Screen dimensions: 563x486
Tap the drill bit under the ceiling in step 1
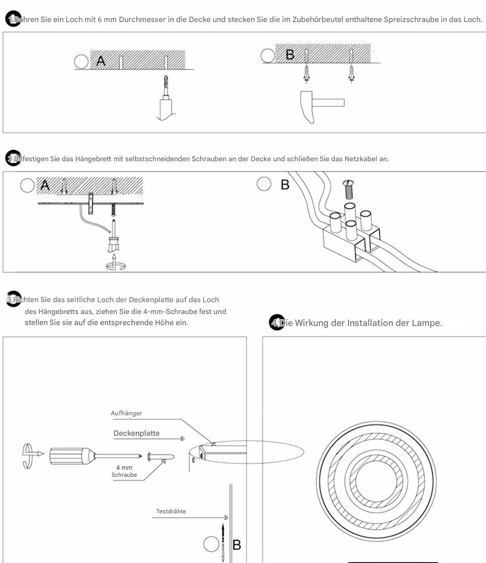(x=166, y=86)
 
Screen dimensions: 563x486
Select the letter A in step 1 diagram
(x=101, y=61)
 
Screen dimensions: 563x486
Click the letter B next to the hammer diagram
(x=290, y=55)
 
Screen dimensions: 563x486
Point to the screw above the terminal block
(x=349, y=189)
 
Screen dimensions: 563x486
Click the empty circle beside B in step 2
(x=264, y=184)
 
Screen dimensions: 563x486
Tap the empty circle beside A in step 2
(x=27, y=185)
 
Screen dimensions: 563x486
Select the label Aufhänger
(x=126, y=413)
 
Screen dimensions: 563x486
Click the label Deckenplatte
(x=136, y=433)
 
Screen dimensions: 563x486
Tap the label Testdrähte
(x=171, y=511)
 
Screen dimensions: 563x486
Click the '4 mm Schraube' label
(x=124, y=471)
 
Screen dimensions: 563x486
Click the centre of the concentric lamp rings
(x=376, y=481)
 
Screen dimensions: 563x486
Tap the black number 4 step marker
(x=276, y=322)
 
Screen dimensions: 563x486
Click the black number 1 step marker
(x=13, y=19)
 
